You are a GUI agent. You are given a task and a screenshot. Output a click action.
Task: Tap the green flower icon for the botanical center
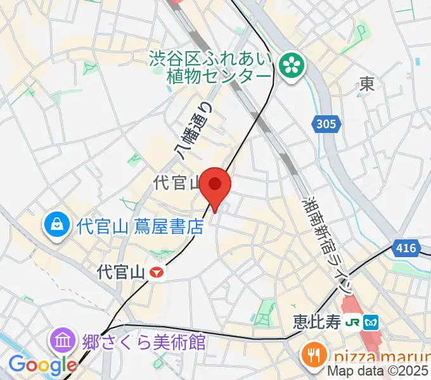293,66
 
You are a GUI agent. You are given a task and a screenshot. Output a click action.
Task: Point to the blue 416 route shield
405,248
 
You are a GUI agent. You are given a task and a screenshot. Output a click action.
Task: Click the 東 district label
366,84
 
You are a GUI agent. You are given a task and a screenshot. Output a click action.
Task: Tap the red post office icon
157,273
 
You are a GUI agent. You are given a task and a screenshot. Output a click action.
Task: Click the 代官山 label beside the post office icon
122,273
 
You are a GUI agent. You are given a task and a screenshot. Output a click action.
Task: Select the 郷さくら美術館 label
145,342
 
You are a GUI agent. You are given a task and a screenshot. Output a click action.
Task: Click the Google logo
42,365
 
